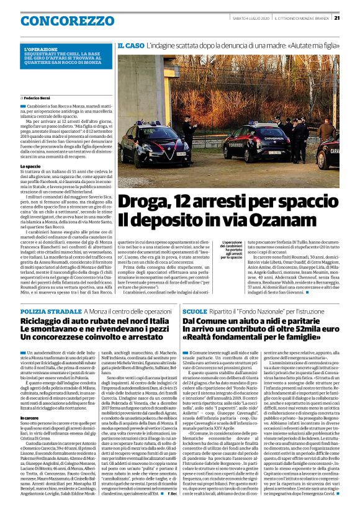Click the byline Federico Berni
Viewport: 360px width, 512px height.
coord(37,98)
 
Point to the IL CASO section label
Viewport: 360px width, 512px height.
coord(130,46)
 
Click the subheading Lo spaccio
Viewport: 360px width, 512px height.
coord(30,166)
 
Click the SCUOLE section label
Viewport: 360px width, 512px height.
coord(194,310)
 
